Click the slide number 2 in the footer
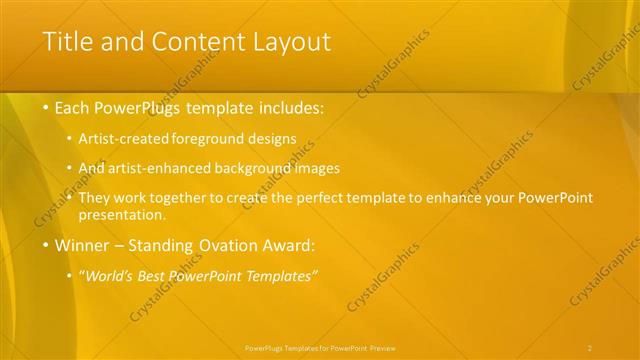coord(590,347)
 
